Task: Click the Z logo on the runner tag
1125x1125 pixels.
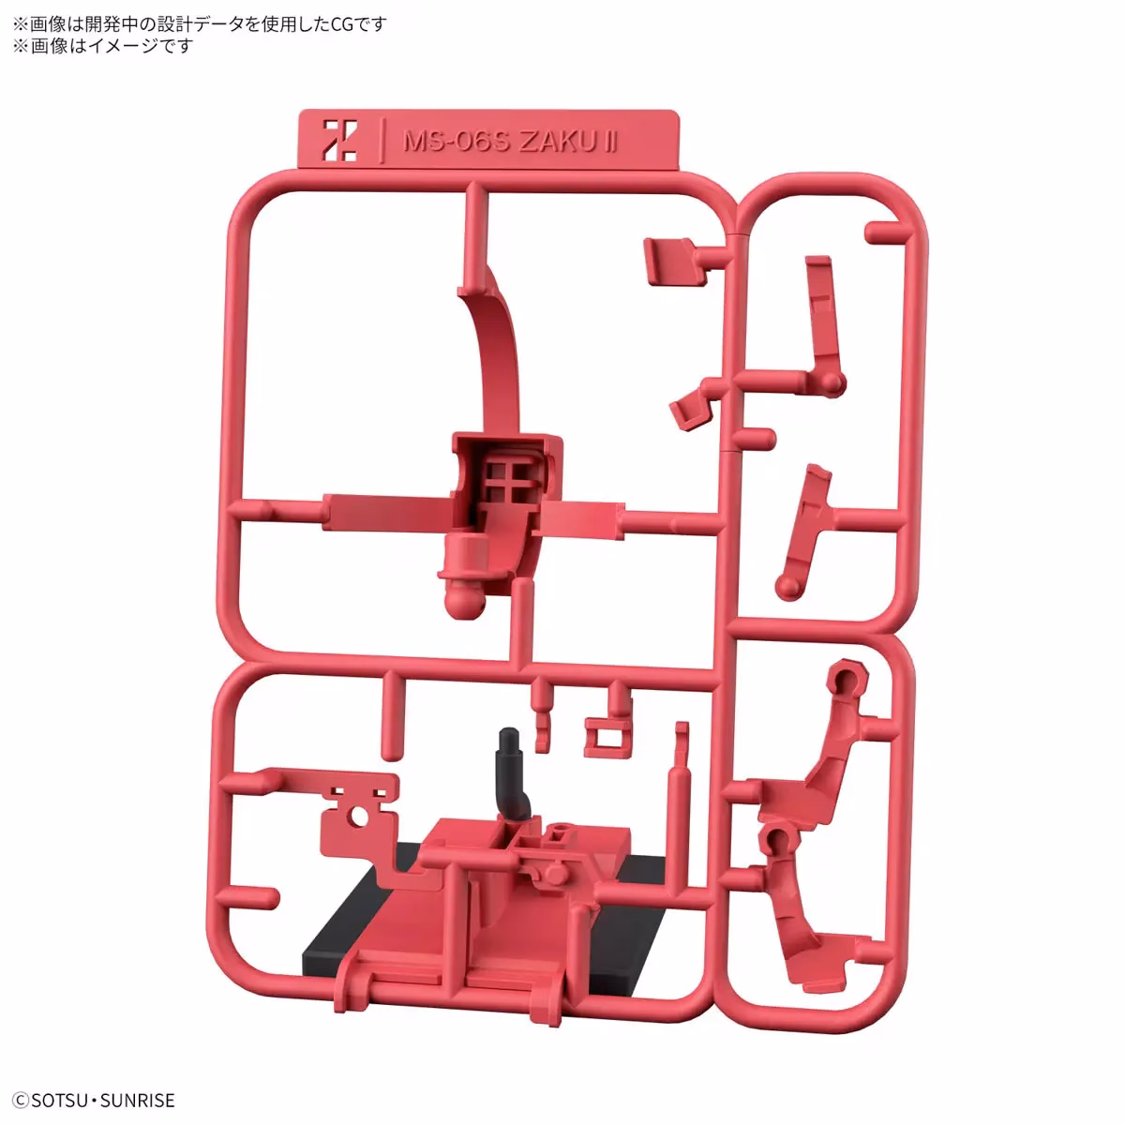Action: pyautogui.click(x=340, y=140)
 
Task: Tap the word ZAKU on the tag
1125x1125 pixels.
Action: pyautogui.click(x=556, y=142)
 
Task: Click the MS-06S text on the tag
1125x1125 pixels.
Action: pyautogui.click(x=457, y=142)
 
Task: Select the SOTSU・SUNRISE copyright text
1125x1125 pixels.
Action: pyautogui.click(x=94, y=1101)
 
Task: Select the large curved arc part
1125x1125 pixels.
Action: pyautogui.click(x=498, y=356)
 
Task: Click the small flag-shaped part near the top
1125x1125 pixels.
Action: pyautogui.click(x=673, y=261)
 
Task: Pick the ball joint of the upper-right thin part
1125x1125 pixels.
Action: pyautogui.click(x=831, y=382)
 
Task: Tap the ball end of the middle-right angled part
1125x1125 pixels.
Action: pyautogui.click(x=788, y=588)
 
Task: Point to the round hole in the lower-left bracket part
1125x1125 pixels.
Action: pyautogui.click(x=360, y=817)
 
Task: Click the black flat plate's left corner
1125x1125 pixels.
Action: pyautogui.click(x=304, y=965)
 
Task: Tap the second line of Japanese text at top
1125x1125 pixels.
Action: pyautogui.click(x=103, y=46)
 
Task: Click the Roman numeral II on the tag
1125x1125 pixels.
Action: pyautogui.click(x=610, y=142)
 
